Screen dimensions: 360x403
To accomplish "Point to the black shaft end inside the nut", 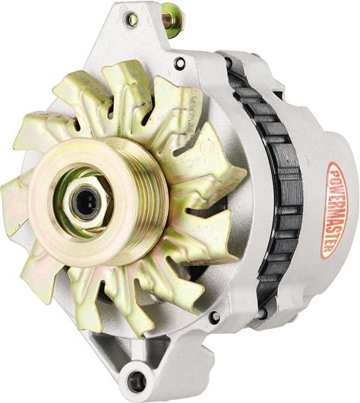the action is click(86, 203).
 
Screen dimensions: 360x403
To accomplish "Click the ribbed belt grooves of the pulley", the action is click(144, 198).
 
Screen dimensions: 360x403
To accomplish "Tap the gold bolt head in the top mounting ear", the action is click(133, 19).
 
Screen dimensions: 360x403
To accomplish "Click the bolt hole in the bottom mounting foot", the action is click(137, 380).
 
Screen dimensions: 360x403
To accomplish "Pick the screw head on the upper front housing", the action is click(180, 63).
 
